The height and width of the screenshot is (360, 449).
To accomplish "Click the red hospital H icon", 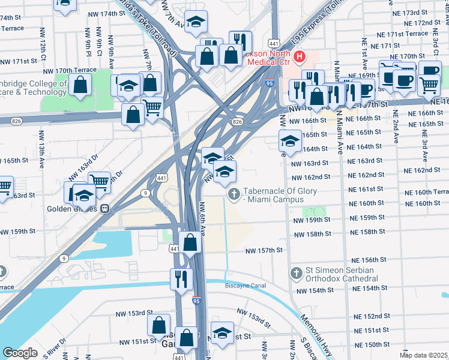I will click(x=299, y=58).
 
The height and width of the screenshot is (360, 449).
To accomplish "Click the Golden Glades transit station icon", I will click(x=104, y=209).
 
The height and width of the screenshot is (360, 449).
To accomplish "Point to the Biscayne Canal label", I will click(x=245, y=286).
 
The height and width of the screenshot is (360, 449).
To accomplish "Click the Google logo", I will click(x=20, y=352).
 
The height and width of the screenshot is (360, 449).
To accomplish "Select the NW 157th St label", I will click(x=263, y=250).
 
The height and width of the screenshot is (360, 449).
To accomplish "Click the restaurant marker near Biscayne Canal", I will click(x=179, y=280).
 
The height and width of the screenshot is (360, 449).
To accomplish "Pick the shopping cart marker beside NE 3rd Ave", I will click(x=429, y=86).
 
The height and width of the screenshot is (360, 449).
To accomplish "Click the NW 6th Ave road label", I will click(x=202, y=218).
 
